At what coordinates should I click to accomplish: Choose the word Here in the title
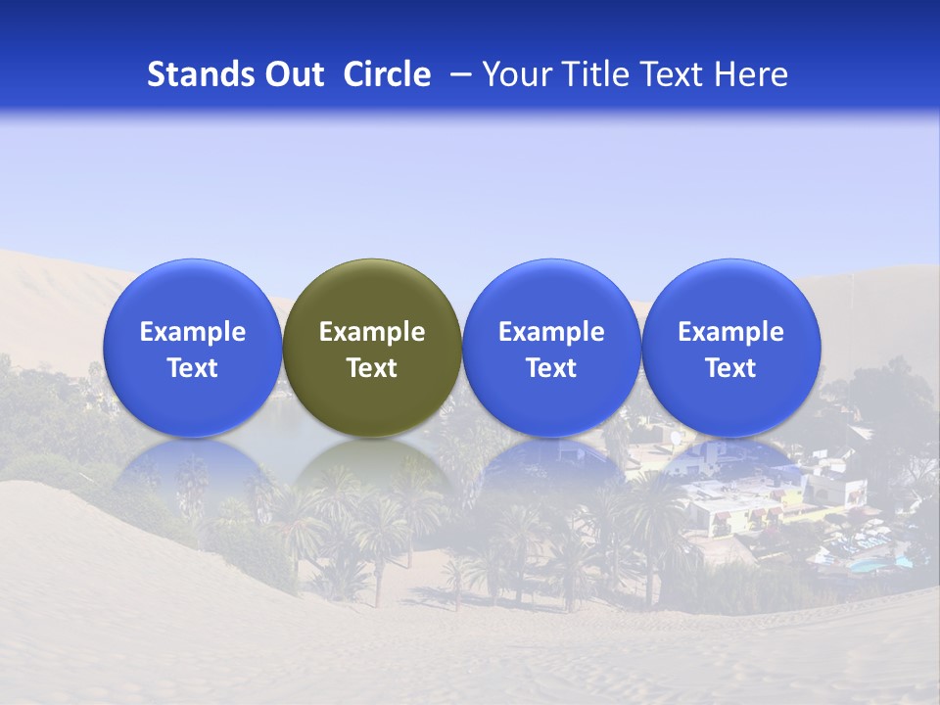coord(751,74)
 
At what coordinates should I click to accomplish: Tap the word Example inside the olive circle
coord(372,332)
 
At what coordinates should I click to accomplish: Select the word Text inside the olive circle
coord(372,368)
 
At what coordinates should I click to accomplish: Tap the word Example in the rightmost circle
coord(731,332)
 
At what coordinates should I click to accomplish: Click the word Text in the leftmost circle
coord(193,368)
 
